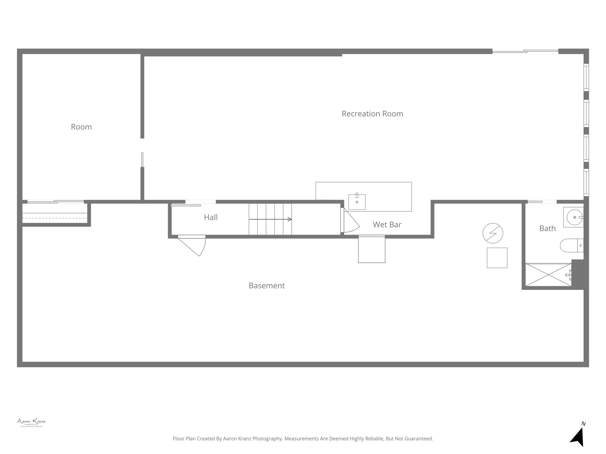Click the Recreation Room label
[x=372, y=114]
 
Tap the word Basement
[x=267, y=286]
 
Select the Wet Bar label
[x=387, y=225]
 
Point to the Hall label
[x=211, y=218]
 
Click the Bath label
[x=547, y=228]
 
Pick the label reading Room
[x=81, y=127]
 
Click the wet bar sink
[x=357, y=202]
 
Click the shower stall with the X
[x=548, y=275]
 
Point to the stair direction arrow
[x=270, y=219]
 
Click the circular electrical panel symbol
[x=493, y=233]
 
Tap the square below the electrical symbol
[x=497, y=258]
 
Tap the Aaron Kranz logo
[x=31, y=422]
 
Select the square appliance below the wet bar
[x=372, y=249]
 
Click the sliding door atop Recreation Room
[x=525, y=52]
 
